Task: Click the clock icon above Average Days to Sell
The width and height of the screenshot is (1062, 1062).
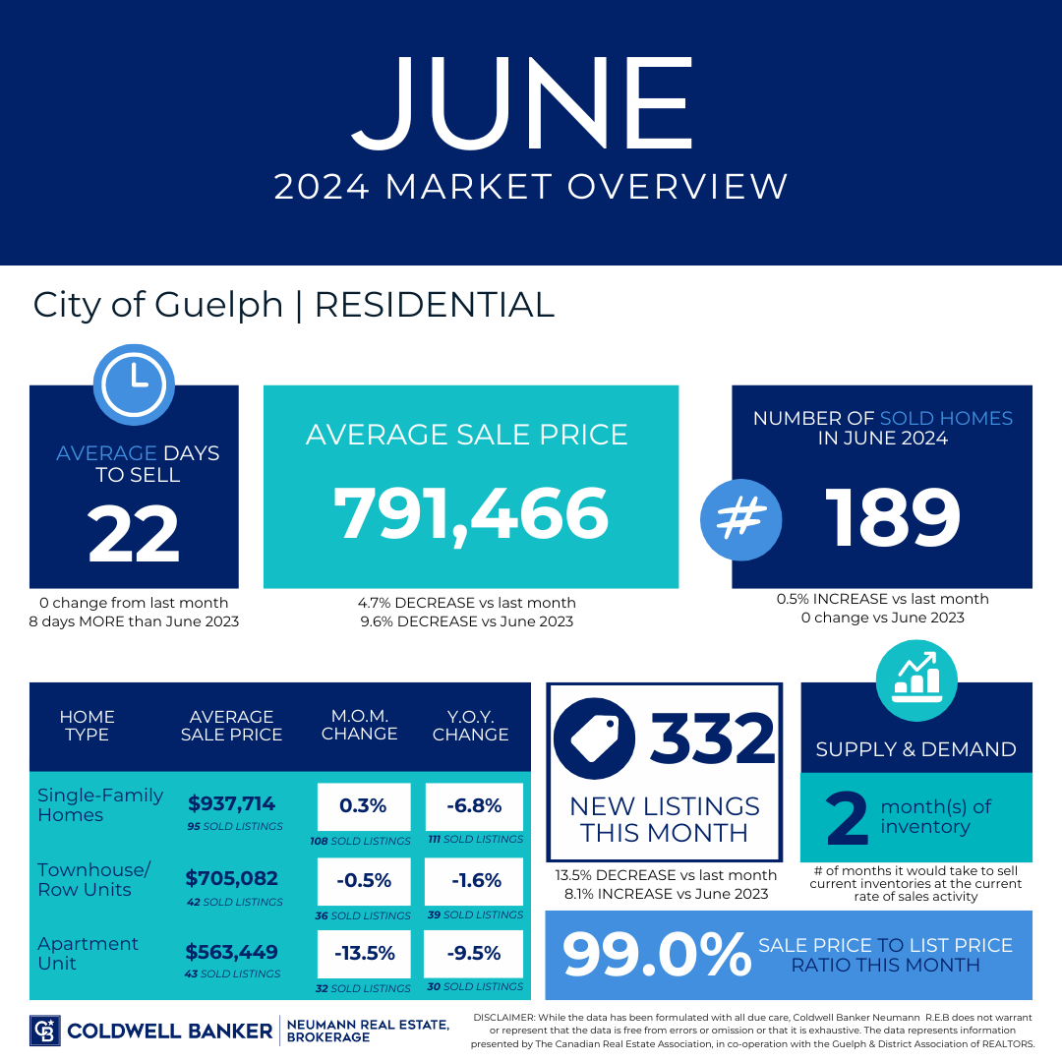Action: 134,384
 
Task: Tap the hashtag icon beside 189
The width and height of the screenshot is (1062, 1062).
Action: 741,519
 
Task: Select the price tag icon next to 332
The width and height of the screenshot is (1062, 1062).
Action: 594,738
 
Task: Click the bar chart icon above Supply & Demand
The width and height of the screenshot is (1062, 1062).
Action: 916,680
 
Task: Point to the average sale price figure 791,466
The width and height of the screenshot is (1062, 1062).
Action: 471,514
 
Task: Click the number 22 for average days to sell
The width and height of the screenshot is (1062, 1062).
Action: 134,534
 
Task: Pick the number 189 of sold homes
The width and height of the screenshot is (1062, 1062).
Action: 892,518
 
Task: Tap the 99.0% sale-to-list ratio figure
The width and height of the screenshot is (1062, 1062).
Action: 656,954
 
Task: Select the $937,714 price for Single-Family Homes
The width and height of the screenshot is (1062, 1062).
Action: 232,803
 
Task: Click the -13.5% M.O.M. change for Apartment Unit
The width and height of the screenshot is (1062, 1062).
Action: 365,953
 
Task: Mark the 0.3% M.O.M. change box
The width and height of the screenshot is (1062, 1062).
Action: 364,806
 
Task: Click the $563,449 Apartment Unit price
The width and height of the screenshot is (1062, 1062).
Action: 232,952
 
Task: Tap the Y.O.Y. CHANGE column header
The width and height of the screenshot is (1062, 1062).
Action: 471,726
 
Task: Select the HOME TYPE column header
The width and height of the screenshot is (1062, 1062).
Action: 87,726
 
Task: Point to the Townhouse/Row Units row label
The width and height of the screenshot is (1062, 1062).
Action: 94,879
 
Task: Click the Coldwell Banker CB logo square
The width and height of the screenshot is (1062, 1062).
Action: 44,1031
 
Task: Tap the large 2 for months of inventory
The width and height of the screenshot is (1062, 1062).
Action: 848,819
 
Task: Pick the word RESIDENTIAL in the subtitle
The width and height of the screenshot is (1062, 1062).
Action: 435,305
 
